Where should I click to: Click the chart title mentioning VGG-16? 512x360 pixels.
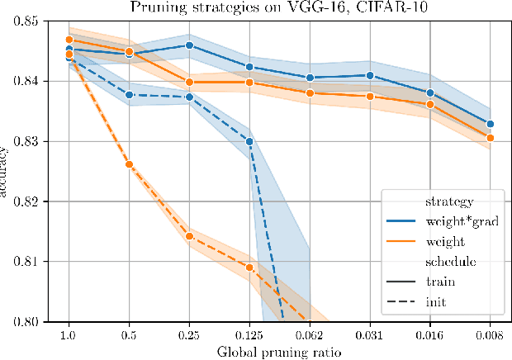pos(279,7)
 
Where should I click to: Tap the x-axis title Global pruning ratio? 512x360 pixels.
pos(279,352)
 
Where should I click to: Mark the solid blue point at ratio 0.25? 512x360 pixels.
pos(189,45)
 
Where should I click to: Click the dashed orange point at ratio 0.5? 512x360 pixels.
pos(130,164)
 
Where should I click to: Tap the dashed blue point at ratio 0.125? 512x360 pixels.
pos(249,141)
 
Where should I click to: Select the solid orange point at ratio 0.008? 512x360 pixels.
pos(490,138)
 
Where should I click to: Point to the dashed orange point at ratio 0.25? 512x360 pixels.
pos(189,236)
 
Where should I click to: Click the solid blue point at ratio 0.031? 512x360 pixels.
pos(370,75)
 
